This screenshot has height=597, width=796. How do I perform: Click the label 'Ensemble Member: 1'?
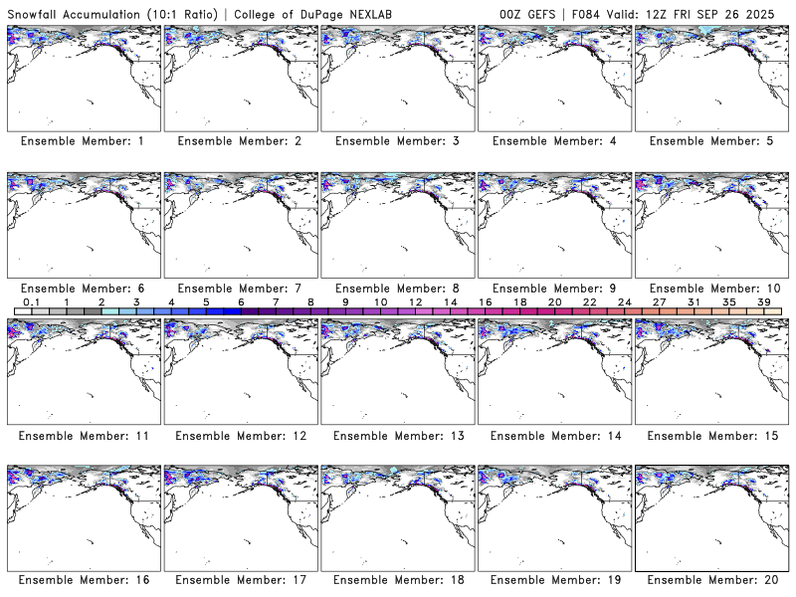pyautogui.click(x=83, y=141)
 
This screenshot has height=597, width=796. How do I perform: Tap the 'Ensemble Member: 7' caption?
pyautogui.click(x=240, y=289)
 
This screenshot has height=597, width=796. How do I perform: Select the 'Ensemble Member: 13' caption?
pyautogui.click(x=397, y=435)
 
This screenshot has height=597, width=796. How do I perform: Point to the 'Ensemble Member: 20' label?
pyautogui.click(x=710, y=580)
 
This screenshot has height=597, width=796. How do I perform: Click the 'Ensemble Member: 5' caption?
pyautogui.click(x=710, y=141)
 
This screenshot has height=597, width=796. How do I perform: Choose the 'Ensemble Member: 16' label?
pyautogui.click(x=83, y=580)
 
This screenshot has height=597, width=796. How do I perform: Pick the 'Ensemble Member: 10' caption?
pyautogui.click(x=710, y=289)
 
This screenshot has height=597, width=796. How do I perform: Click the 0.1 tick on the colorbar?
pyautogui.click(x=31, y=301)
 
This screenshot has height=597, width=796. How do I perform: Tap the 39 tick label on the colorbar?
pyautogui.click(x=763, y=301)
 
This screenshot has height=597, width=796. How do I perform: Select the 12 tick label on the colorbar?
pyautogui.click(x=415, y=301)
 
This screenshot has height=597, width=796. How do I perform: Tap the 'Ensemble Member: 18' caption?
pyautogui.click(x=397, y=580)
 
